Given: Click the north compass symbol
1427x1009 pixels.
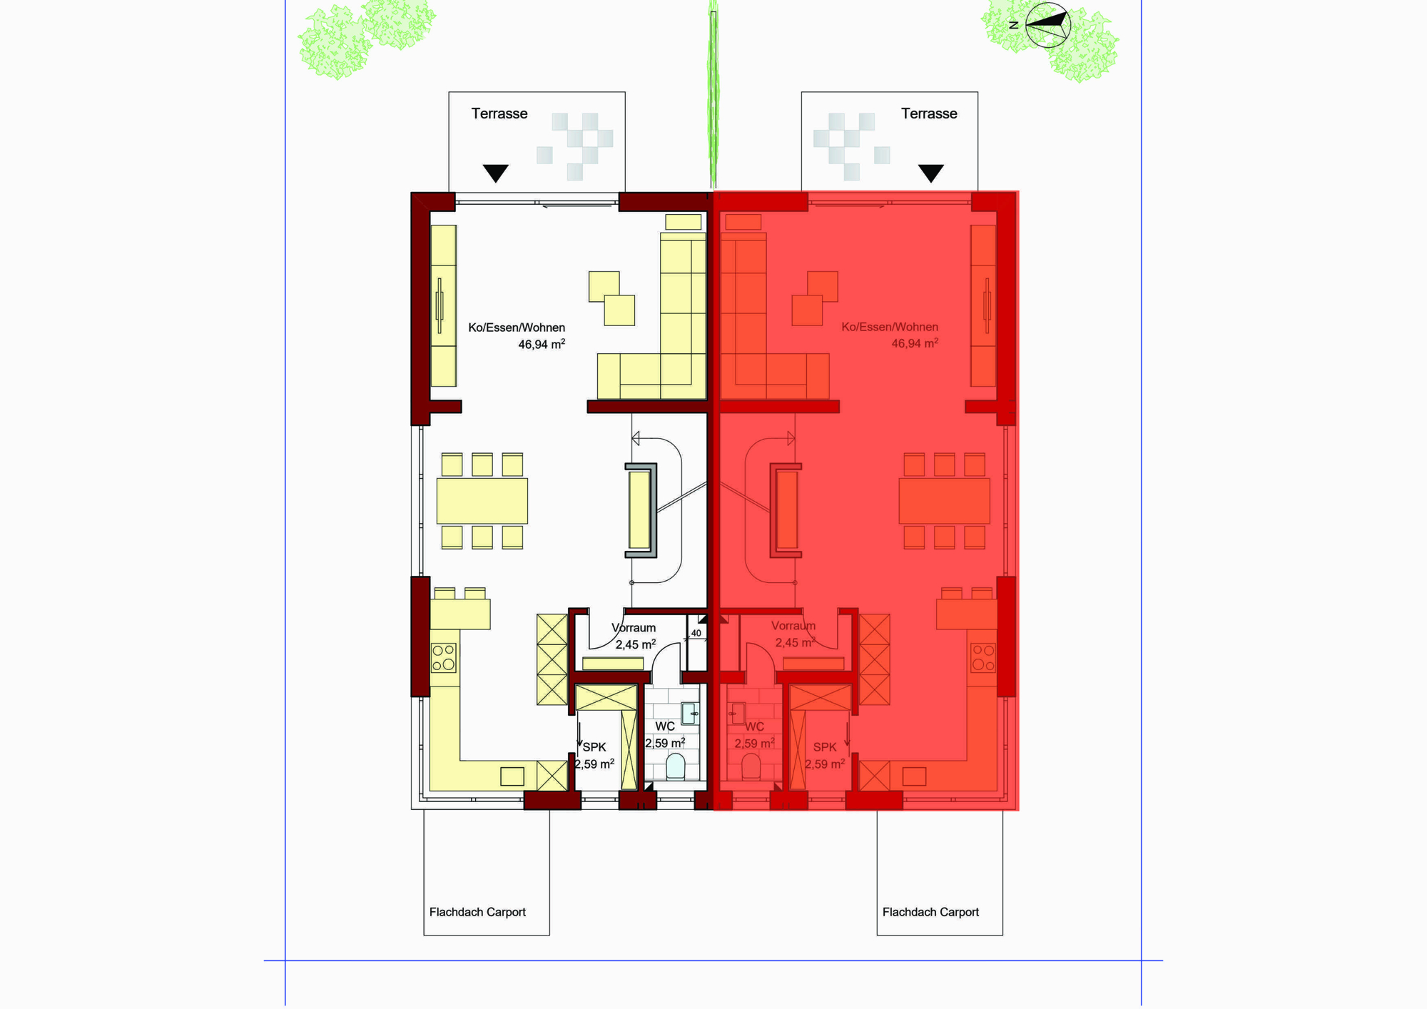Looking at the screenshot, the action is click(x=1047, y=25).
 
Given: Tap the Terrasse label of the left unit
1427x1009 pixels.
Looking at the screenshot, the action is click(x=499, y=113).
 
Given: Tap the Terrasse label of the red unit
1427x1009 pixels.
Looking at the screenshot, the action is click(x=929, y=113).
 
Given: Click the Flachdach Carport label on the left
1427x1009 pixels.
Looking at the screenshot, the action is click(x=477, y=912).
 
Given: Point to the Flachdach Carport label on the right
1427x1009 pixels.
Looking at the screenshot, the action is click(x=930, y=912).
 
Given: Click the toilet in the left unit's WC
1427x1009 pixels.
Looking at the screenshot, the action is click(x=675, y=766).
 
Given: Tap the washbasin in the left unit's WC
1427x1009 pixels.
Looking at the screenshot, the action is click(x=689, y=714).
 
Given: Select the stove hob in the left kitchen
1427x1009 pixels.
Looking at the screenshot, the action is click(x=443, y=657).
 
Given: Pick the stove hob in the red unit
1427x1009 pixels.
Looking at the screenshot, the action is click(x=983, y=657).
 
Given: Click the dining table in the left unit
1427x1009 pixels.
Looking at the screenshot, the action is click(x=482, y=501).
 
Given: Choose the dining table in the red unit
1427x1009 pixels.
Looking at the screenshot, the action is click(x=944, y=501).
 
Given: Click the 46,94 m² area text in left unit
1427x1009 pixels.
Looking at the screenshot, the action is click(x=542, y=345).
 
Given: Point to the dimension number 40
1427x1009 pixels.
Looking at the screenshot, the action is click(x=696, y=633).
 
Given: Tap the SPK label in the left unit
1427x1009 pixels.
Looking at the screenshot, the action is click(x=594, y=747).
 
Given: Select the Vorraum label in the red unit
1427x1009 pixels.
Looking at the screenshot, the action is click(x=793, y=626).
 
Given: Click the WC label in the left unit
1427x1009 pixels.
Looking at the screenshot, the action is click(x=665, y=726).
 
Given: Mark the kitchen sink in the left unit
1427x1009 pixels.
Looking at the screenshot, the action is click(x=512, y=776).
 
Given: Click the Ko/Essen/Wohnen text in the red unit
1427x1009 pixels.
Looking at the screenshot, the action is click(x=890, y=327).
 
